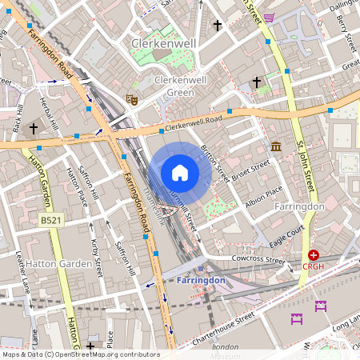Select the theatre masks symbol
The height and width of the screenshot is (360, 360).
coord(132,98)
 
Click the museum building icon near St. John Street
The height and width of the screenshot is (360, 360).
coord(276,146)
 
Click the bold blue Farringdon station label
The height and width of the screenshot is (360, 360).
coord(202,281)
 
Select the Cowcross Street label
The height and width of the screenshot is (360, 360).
coord(258,260)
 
